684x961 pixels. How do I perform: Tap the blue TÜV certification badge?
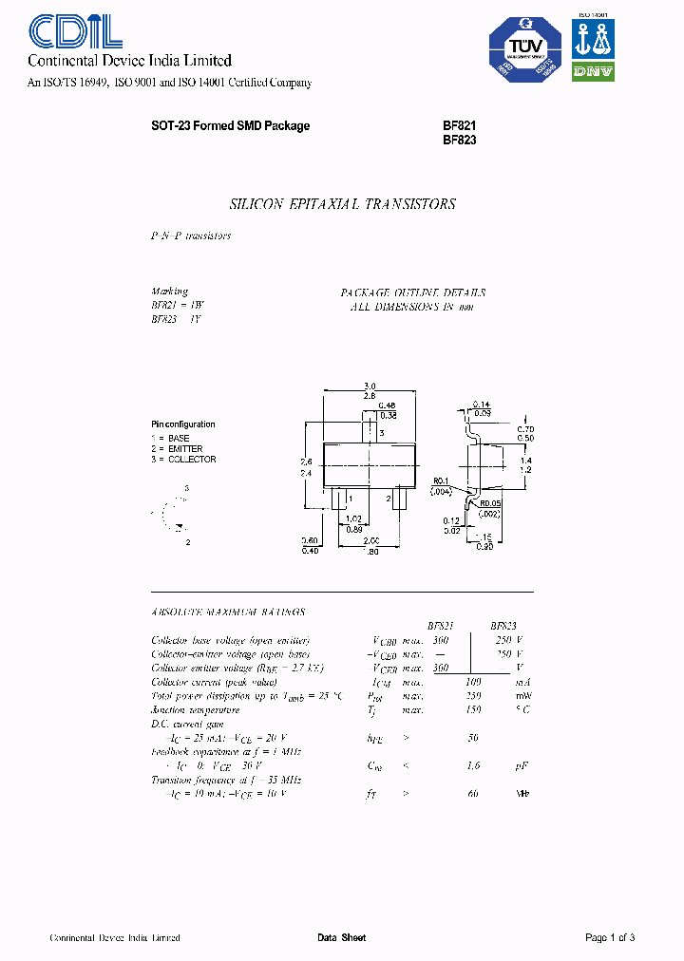click(523, 55)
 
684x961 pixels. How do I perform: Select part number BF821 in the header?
click(459, 125)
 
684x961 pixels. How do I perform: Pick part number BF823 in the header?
click(459, 140)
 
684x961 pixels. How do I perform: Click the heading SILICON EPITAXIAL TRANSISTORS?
click(343, 204)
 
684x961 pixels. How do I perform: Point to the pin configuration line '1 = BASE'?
click(171, 438)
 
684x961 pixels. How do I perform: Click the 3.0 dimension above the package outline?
click(370, 386)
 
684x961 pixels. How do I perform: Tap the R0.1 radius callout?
click(440, 480)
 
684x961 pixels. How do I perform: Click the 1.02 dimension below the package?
click(352, 518)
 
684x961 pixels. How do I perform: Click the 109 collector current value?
click(472, 682)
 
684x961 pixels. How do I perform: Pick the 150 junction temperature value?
click(472, 709)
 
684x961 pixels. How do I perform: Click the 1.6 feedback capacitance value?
click(472, 765)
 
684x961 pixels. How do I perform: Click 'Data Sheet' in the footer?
click(341, 937)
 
